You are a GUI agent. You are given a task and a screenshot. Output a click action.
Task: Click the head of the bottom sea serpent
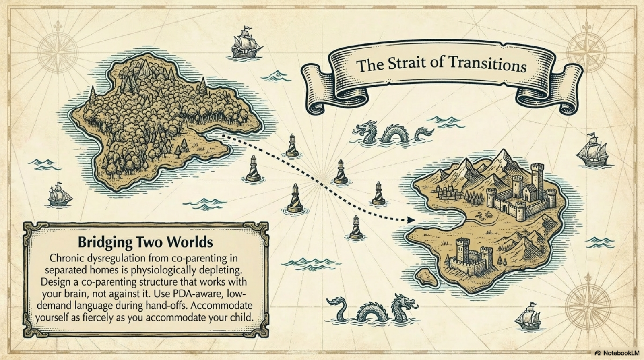(x=402, y=303)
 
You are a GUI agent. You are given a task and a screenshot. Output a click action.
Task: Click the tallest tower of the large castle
(x=537, y=177)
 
